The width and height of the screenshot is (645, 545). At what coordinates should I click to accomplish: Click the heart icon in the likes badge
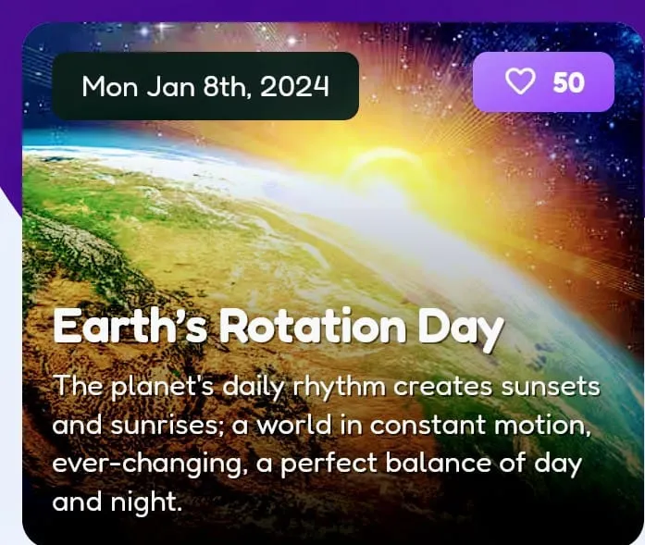(521, 82)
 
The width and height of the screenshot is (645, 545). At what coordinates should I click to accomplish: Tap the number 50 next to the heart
(569, 82)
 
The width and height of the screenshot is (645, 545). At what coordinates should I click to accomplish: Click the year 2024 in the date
(294, 86)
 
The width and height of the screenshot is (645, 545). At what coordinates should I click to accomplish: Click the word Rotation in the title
(312, 328)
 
